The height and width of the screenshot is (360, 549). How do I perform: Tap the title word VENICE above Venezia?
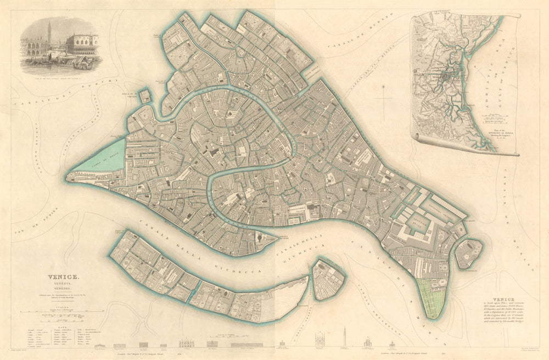[64, 278]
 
